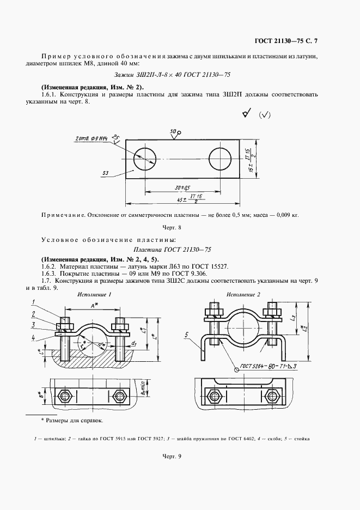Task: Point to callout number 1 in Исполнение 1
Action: pos(33,302)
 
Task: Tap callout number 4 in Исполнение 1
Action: pos(33,337)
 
